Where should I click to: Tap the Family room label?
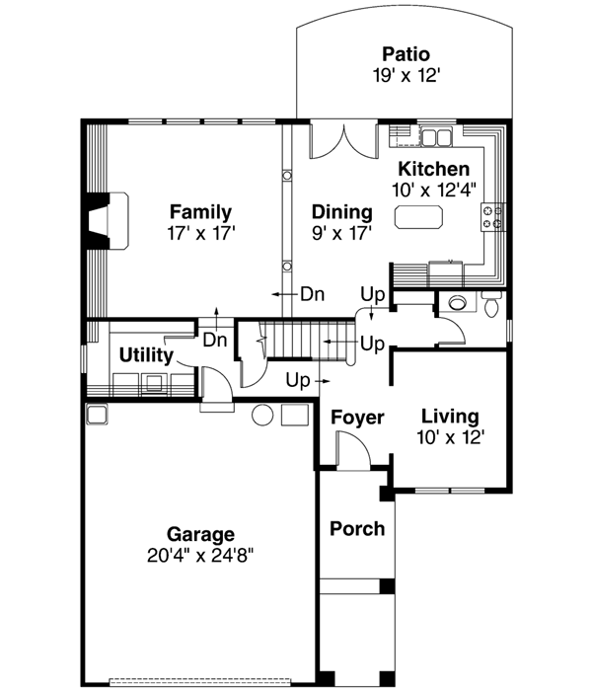[x=200, y=211]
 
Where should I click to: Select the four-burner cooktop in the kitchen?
[x=492, y=216]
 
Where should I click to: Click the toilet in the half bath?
[x=491, y=304]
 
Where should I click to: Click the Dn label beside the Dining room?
[x=312, y=293]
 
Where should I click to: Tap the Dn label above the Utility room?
[x=216, y=339]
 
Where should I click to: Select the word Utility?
[x=146, y=355]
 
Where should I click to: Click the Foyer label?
[x=356, y=418]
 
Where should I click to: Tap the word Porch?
[x=356, y=528]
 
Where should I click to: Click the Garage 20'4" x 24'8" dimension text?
[x=199, y=555]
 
